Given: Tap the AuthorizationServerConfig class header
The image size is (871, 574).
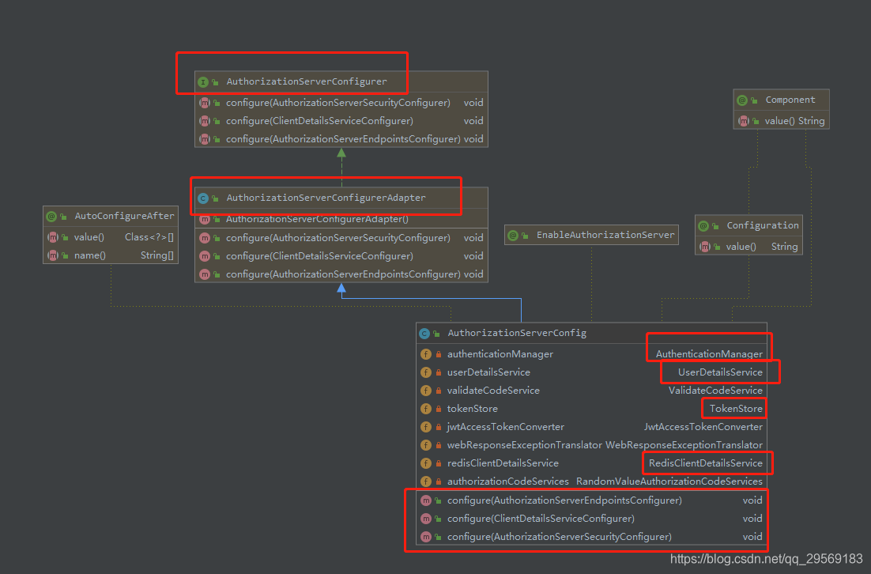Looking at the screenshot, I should (517, 333).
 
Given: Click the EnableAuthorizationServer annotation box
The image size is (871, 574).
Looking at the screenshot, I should (605, 235).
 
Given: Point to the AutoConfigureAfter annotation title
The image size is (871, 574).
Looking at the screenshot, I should (124, 216).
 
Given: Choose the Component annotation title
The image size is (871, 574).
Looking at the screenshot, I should (790, 100).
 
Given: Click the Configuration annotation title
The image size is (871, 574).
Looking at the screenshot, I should (762, 225).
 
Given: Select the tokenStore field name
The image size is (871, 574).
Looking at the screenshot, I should (473, 409).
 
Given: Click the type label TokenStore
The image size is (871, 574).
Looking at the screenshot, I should (736, 409).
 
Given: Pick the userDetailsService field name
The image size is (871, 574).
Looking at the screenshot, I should (488, 372).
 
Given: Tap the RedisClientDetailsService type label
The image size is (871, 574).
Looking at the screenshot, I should (706, 463).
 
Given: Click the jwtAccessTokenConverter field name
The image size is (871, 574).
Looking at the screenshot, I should (506, 427).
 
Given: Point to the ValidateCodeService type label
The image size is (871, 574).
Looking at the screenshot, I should (715, 391).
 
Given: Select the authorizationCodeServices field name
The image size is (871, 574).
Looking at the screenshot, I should (508, 481).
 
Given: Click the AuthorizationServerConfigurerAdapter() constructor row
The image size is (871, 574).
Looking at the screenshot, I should (317, 219).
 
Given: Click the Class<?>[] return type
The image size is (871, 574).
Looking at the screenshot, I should (149, 237).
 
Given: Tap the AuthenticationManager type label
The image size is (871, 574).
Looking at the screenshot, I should (709, 354).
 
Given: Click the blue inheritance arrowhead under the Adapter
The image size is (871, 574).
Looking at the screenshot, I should (341, 289).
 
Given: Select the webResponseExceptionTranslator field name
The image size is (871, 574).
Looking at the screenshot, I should (524, 445).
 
